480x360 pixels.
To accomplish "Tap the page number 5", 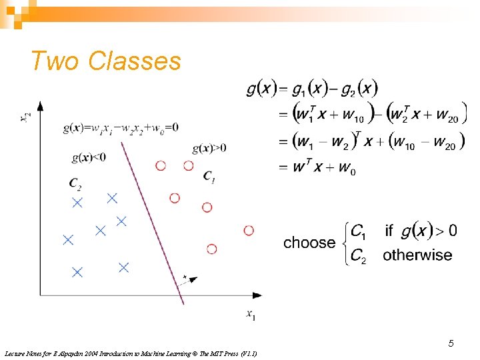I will click(451, 343).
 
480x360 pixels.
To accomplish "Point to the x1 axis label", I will click(250, 315).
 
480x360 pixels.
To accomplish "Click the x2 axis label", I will click(25, 118).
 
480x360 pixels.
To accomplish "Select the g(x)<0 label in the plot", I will click(89, 157).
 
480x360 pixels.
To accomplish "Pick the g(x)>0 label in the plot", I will click(209, 147).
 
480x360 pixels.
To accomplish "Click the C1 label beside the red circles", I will click(209, 177).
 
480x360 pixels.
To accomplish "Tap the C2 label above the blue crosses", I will click(75, 183).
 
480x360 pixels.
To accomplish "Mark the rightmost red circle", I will click(249, 230).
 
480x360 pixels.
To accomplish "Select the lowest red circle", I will click(211, 249).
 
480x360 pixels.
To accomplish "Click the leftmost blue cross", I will click(67, 240).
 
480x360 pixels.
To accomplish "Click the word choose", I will click(309, 243).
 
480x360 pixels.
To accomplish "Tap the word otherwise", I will click(417, 255).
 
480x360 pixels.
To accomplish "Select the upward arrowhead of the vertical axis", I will click(41, 106).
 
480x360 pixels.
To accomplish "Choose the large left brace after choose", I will click(343, 243).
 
